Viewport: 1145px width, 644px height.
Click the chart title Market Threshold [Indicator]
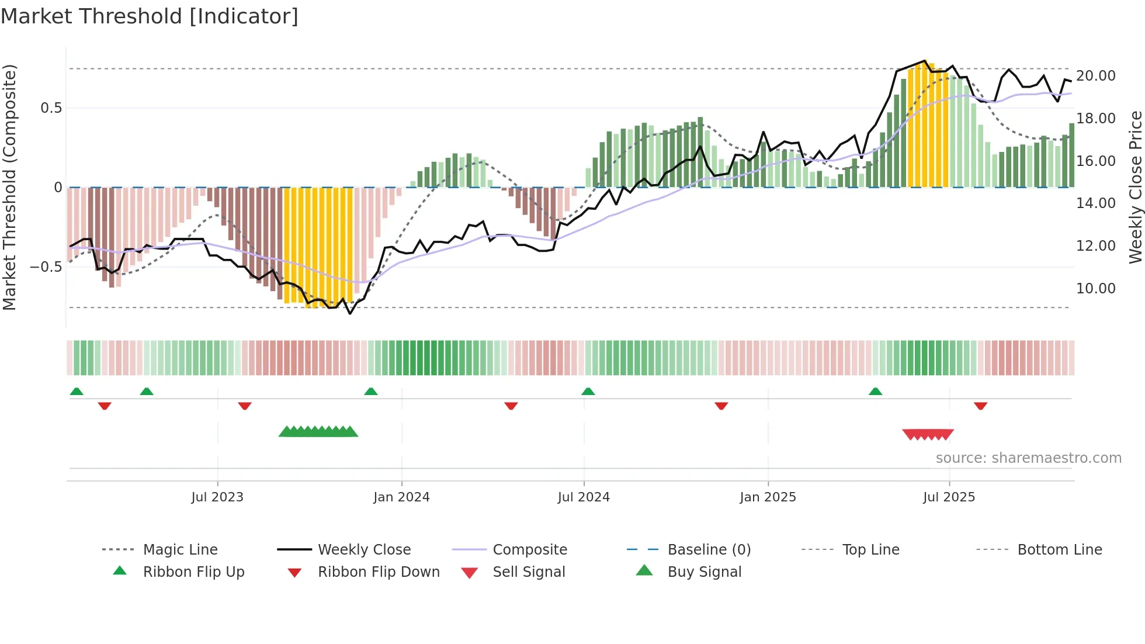(x=150, y=16)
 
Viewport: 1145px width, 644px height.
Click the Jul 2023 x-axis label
(x=217, y=497)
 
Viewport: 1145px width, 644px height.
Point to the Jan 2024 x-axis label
(x=401, y=497)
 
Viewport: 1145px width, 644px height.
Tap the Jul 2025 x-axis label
(x=949, y=497)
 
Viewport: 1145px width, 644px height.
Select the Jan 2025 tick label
(x=768, y=497)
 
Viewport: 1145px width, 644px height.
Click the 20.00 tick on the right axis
(x=1095, y=76)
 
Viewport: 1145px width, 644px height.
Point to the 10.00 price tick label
(x=1095, y=289)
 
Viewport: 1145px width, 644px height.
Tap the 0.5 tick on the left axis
(x=51, y=108)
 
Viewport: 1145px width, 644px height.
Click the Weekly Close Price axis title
(x=1135, y=187)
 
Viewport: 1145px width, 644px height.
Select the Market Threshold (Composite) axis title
(x=9, y=187)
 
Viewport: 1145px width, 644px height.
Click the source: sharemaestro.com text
(x=1028, y=458)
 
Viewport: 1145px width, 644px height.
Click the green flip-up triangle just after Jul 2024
(x=588, y=392)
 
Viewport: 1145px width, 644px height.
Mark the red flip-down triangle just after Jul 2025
(x=980, y=406)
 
